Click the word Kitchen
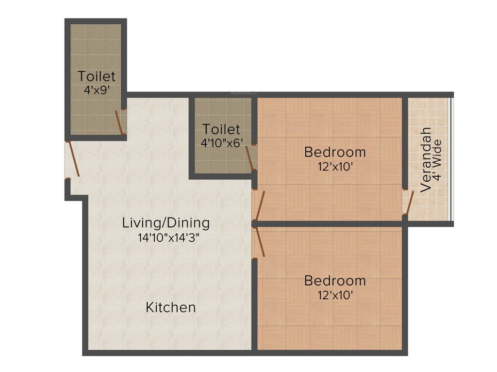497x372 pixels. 171,308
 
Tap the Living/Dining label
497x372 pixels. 166,223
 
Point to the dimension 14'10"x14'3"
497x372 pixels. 168,238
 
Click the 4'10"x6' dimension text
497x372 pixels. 221,143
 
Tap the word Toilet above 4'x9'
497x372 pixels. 97,77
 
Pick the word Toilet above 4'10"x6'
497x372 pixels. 221,129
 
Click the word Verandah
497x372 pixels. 426,160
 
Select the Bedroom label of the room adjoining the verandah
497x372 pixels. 335,152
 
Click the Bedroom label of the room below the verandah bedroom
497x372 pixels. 335,280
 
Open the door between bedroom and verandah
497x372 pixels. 409,203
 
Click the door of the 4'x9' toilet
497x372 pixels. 119,122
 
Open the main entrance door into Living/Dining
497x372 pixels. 73,158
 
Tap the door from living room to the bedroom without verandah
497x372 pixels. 259,242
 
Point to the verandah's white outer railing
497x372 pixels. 451,160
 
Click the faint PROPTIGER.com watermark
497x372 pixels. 244,93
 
